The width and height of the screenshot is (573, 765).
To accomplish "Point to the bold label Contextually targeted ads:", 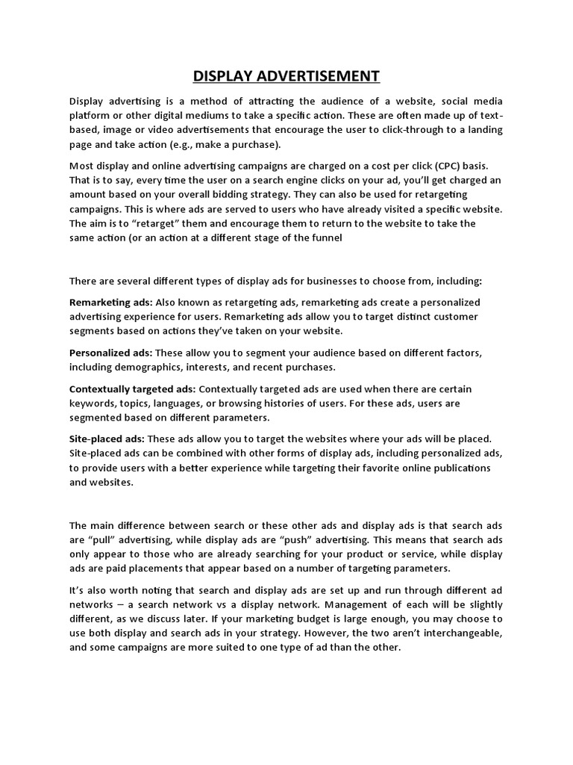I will coord(133,389).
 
